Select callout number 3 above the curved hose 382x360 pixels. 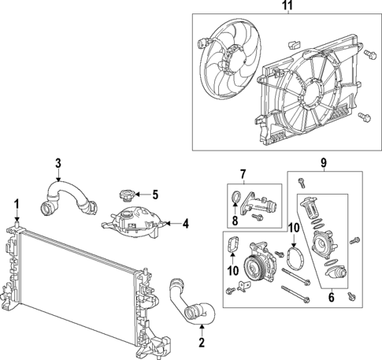tap(57, 163)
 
